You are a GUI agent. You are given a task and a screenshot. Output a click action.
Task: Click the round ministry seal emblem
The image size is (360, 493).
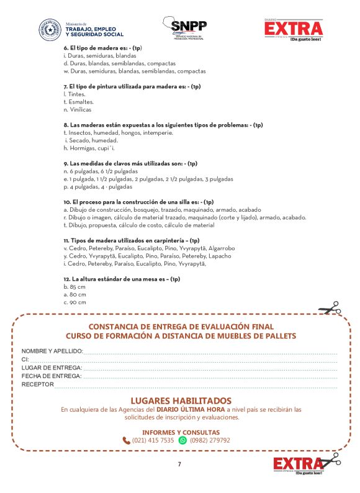click(50, 30)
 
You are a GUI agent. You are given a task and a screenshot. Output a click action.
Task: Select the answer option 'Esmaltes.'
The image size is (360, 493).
click(79, 101)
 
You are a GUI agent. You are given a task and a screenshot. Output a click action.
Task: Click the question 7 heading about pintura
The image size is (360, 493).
click(132, 86)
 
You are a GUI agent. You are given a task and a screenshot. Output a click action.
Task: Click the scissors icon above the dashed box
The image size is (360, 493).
click(329, 309)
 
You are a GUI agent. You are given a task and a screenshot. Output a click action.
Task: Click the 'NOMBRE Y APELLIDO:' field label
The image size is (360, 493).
click(52, 351)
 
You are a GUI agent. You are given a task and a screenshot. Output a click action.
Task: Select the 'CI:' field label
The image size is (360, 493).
click(25, 360)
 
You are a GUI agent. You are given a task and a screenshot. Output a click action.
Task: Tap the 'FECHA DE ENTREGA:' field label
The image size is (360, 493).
click(52, 376)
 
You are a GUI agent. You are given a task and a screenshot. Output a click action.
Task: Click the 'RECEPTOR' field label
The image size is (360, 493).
click(37, 384)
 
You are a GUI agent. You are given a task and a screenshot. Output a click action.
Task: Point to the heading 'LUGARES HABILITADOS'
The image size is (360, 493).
click(181, 400)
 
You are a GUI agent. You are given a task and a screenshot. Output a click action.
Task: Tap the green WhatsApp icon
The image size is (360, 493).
click(182, 440)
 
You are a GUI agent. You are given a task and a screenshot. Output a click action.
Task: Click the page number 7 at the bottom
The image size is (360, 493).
click(179, 464)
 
